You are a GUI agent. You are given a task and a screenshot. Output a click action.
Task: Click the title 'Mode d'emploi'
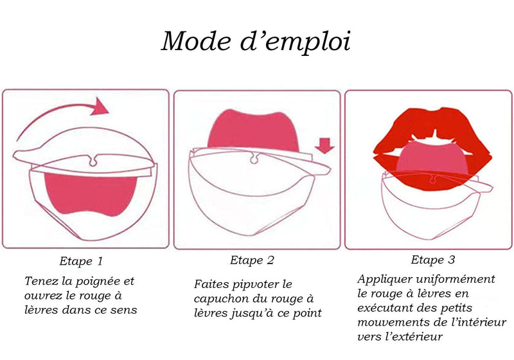coord(255,42)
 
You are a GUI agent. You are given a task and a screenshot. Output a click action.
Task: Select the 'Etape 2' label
coord(252,260)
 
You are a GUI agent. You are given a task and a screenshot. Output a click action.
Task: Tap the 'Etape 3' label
coord(433,260)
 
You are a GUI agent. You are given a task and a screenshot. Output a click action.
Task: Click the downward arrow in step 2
coord(326,149)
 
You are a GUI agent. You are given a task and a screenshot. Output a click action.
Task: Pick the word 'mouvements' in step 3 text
coord(390,322)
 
